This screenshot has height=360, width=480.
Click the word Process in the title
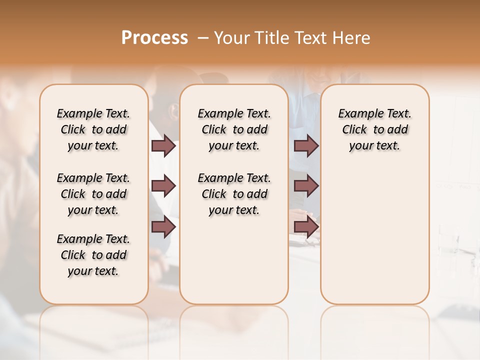(x=154, y=37)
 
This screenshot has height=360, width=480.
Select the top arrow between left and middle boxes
(x=163, y=146)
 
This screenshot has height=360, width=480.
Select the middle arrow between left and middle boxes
(x=163, y=186)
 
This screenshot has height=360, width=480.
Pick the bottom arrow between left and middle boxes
(x=163, y=226)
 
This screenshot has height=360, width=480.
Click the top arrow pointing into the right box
(x=306, y=146)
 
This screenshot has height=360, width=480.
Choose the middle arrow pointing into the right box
(x=306, y=186)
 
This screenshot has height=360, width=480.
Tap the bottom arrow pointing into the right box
(x=306, y=226)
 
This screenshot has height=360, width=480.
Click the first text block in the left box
(x=93, y=129)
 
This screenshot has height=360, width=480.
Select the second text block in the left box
(x=93, y=194)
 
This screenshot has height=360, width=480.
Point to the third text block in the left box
(x=93, y=255)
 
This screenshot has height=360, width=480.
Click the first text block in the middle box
(x=234, y=129)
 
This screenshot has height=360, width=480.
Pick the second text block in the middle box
(x=234, y=194)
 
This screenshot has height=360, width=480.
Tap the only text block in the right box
(x=375, y=129)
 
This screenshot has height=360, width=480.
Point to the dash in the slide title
(x=203, y=37)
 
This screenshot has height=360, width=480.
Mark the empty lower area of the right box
(x=375, y=235)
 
